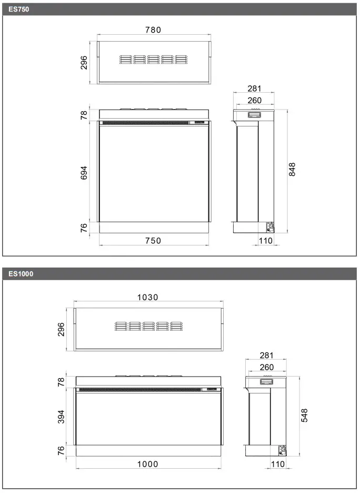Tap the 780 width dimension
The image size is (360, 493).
153,30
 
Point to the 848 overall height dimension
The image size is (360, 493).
293,170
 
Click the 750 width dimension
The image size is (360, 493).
153,241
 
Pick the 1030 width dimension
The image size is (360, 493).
147,297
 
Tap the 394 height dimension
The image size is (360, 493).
61,416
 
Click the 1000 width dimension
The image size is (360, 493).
147,464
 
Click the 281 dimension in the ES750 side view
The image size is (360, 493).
254,89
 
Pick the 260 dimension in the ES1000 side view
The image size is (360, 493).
266,367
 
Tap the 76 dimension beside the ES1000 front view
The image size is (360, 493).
61,451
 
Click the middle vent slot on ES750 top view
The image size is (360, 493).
154,60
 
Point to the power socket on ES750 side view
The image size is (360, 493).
270,227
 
